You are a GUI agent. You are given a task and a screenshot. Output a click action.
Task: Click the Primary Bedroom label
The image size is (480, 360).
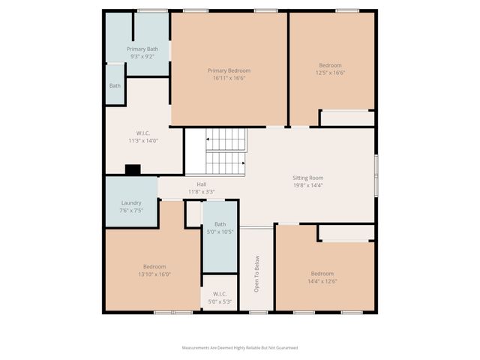coord(229,70)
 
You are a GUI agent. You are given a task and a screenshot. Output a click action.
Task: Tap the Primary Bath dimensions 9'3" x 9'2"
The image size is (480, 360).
coord(142,56)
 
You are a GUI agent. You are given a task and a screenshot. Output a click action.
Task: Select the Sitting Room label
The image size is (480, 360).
coord(307,178)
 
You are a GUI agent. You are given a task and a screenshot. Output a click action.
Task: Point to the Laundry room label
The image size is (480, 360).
coord(131,203)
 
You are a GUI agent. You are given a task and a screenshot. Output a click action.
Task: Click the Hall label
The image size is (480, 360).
coord(202,184)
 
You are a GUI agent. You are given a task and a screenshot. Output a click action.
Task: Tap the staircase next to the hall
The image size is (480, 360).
coord(225,151)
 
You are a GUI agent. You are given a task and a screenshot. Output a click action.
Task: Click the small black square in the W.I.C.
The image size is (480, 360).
coord(133,169)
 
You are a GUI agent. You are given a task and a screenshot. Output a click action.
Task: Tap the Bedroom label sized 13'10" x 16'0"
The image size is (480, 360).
coord(154,266)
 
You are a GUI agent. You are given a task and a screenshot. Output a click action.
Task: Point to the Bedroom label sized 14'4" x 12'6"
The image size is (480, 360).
coord(322,273)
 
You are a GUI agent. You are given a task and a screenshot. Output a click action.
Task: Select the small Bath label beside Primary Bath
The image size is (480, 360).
coord(115,85)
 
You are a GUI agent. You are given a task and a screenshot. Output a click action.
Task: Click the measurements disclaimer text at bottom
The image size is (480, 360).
coord(239,348)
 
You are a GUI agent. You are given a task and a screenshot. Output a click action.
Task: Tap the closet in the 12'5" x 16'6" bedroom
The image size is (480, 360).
coord(346,118)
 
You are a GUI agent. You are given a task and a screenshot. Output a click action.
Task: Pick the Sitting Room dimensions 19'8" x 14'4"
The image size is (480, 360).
coord(307,185)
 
